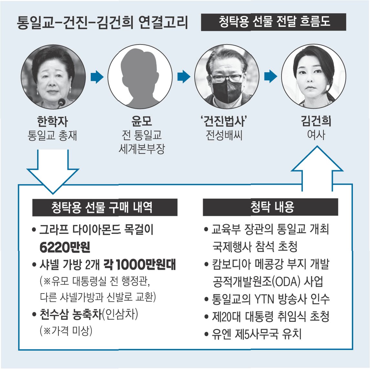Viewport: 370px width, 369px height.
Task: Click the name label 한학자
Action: tap(52, 122)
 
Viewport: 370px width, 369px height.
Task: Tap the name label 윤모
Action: tap(141, 121)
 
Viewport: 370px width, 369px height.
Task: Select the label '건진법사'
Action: tap(224, 121)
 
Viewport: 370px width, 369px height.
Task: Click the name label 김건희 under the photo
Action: tap(316, 121)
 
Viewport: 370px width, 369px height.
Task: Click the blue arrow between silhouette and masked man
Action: tap(184, 77)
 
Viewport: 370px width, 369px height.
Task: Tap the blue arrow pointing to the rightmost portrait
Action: tap(270, 77)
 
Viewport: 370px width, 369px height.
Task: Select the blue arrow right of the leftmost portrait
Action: tap(97, 77)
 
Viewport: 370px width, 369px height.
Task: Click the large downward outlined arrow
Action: tap(53, 171)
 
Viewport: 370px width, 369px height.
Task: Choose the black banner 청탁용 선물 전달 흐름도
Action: tap(273, 22)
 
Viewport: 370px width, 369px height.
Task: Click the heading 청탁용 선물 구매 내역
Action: tap(105, 207)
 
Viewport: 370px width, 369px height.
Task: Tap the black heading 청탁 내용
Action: tap(270, 207)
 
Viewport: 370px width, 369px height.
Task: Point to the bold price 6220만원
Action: tap(65, 247)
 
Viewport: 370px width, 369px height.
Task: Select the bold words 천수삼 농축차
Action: tap(70, 314)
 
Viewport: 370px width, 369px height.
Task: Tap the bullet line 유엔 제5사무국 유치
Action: tap(257, 334)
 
